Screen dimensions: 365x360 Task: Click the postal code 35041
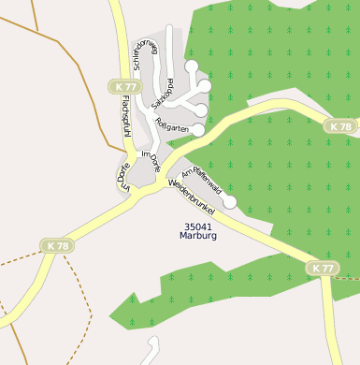click(198, 226)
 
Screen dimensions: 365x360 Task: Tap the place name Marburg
click(198, 237)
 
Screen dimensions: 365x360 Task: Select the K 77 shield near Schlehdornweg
click(124, 86)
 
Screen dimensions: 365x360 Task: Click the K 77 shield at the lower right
click(322, 269)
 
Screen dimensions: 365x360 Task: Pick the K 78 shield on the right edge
click(341, 126)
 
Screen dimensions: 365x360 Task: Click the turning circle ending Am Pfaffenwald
click(230, 201)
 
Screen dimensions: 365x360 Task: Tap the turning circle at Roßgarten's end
click(198, 131)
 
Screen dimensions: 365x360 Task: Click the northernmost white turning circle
click(191, 66)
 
